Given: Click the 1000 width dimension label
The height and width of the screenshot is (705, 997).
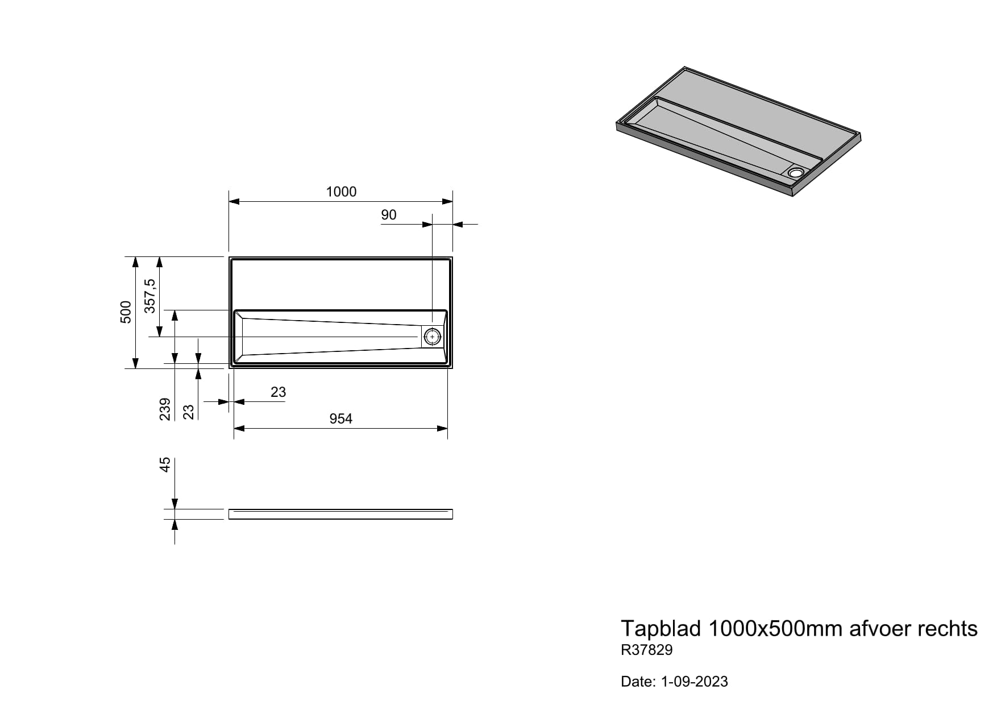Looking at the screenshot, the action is (x=341, y=192).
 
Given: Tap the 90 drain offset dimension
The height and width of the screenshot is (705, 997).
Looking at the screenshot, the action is (x=389, y=215).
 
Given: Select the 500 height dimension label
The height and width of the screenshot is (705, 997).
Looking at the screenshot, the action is (x=126, y=312).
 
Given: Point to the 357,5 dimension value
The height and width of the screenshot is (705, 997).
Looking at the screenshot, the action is (x=150, y=296).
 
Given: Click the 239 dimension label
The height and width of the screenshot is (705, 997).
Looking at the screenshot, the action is (x=165, y=409).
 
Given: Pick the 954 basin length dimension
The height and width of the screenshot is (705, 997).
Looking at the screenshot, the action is (x=341, y=419).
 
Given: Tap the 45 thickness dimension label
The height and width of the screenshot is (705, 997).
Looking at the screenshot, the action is (x=165, y=465).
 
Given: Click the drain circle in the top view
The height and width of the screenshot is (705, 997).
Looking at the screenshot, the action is (x=433, y=337).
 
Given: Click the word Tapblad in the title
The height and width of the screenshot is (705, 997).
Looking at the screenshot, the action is (x=660, y=629).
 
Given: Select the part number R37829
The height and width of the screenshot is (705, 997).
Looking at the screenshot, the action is (x=647, y=650).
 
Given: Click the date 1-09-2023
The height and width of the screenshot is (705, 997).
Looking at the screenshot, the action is (x=694, y=682).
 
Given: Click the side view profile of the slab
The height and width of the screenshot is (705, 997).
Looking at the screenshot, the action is (x=340, y=514).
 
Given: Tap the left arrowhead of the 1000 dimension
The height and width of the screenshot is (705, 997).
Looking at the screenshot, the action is (x=234, y=201).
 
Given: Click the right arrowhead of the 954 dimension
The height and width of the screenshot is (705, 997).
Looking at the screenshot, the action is (x=442, y=428).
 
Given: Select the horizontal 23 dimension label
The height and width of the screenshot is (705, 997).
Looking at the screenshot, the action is (x=279, y=392).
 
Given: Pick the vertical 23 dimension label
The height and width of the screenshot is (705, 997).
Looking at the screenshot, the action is (x=189, y=412).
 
